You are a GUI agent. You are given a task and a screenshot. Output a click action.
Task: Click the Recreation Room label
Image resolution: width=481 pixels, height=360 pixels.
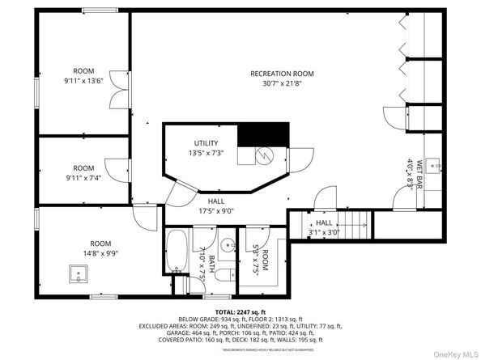click(281, 74)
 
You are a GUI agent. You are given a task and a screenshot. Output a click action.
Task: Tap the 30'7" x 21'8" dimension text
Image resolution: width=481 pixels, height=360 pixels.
click(281, 83)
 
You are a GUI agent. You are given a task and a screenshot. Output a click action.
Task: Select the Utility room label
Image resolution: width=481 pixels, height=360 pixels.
click(206, 143)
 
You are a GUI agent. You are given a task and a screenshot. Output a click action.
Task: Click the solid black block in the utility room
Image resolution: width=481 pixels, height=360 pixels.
click(264, 133)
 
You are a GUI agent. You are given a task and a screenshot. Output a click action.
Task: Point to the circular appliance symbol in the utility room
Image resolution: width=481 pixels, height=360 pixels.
click(263, 155)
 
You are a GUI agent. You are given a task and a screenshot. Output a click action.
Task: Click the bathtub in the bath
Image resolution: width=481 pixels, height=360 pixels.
click(177, 255)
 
